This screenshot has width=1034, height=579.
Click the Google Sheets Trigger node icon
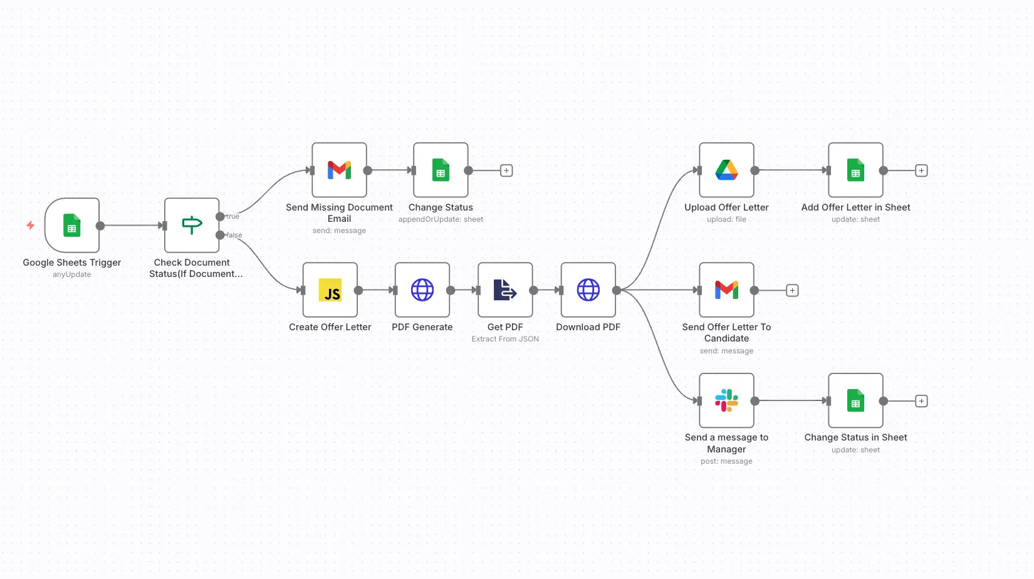coord(72,226)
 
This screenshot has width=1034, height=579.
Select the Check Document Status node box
coord(192,226)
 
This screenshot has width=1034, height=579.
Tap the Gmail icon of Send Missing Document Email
coord(339,170)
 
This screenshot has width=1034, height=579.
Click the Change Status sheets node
coord(441,170)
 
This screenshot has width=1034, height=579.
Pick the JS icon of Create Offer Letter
coord(330,290)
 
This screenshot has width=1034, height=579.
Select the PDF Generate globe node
coord(422,290)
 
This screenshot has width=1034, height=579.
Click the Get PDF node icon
coord(505,290)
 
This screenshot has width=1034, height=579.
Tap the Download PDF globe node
coord(588,290)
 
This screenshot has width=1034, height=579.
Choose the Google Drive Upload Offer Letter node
coord(727,170)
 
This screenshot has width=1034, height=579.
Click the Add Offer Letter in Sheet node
coord(856,170)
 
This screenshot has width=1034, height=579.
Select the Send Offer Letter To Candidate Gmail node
coord(727,290)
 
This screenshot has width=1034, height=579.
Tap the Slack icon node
coord(727,401)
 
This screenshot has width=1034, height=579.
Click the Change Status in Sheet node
coord(856,401)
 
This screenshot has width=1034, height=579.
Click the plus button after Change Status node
coord(507,170)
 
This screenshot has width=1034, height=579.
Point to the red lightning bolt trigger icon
coord(30,225)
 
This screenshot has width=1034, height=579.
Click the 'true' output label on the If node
coord(233,216)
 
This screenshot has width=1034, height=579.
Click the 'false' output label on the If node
coord(234,235)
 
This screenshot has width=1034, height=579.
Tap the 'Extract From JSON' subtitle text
coord(505,339)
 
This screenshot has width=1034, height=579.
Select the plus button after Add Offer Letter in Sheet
coord(921,170)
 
